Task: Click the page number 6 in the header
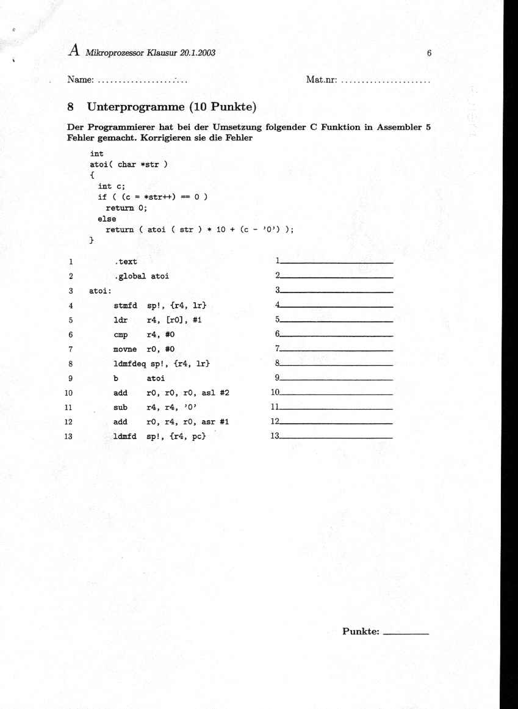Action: pyautogui.click(x=430, y=53)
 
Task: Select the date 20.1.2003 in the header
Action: pyautogui.click(x=198, y=53)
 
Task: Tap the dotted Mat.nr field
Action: pyautogui.click(x=386, y=81)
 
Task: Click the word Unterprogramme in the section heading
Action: pyautogui.click(x=135, y=107)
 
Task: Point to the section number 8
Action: pyautogui.click(x=71, y=107)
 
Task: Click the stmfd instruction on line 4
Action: pyautogui.click(x=125, y=305)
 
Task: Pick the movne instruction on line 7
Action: pyautogui.click(x=125, y=349)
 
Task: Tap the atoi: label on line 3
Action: pyautogui.click(x=100, y=291)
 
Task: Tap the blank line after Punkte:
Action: pyautogui.click(x=405, y=633)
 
